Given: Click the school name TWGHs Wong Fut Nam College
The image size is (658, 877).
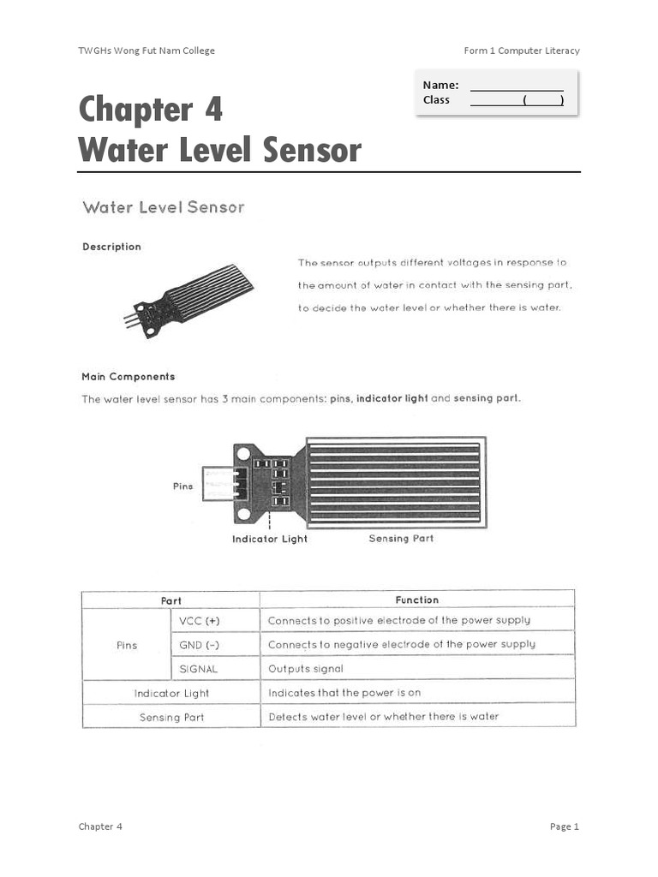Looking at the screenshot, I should tap(147, 51).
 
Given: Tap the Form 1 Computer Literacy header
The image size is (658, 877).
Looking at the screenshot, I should tap(521, 51).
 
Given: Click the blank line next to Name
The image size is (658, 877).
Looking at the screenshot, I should tap(517, 85).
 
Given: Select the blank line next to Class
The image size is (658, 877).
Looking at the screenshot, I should tap(517, 100).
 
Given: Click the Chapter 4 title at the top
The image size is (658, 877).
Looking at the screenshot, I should tap(151, 110).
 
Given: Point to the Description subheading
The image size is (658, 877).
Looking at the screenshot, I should tap(111, 247).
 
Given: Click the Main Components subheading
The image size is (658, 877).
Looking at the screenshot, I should tap(128, 376).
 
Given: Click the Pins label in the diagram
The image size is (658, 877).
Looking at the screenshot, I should tap(183, 486).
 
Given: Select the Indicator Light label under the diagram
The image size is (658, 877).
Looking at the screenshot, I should tap(270, 539).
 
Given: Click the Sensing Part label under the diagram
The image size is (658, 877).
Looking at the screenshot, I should tap(401, 539).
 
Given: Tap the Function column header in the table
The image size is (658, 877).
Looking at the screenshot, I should tap(417, 600).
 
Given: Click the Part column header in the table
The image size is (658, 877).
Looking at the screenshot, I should tap(171, 600).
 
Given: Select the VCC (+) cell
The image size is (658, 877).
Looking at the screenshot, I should tap(199, 621).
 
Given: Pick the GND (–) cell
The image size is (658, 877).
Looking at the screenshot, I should tap(199, 645).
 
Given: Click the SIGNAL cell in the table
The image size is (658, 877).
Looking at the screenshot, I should tap(199, 669).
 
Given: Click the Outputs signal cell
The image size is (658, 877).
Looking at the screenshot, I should tap(306, 669).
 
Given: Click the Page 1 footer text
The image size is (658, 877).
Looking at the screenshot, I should tap(565, 826).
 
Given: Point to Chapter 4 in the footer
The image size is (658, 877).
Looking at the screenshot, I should tap(100, 826).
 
